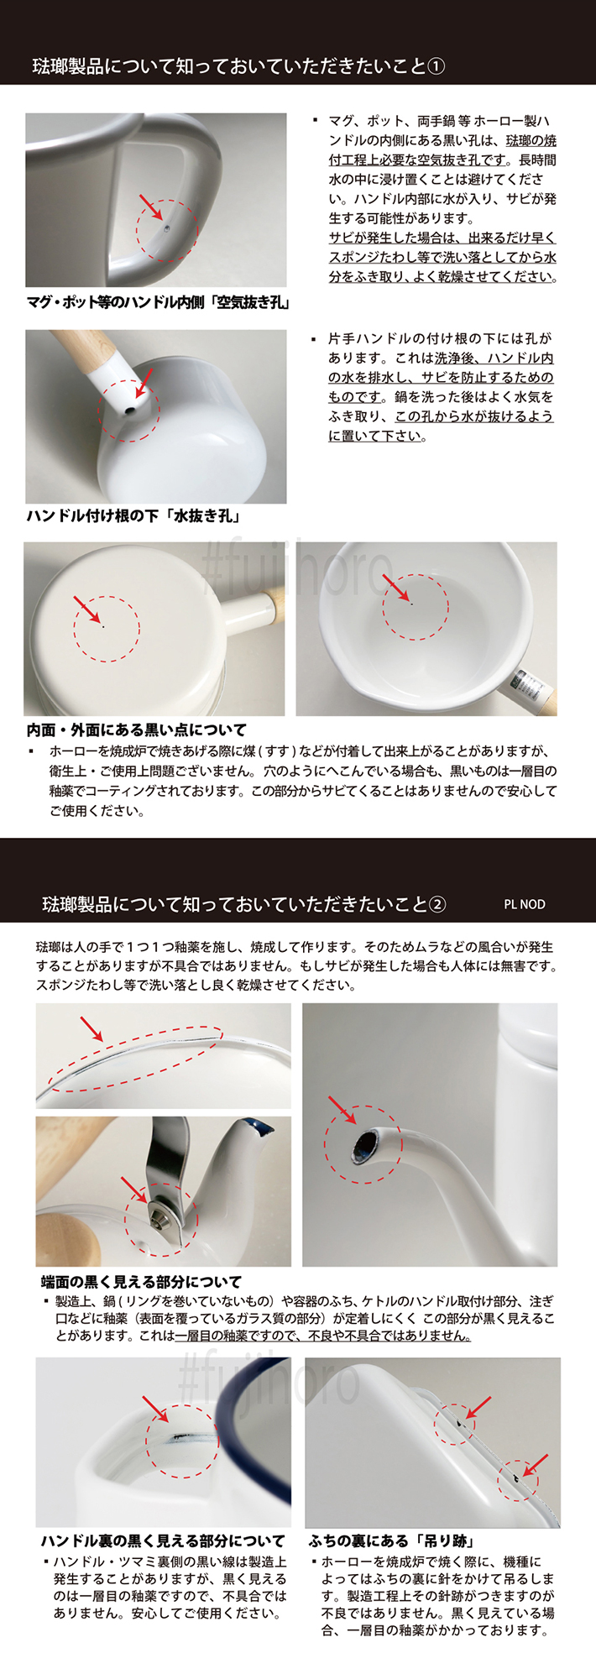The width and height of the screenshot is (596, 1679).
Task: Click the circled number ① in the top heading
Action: point(436,66)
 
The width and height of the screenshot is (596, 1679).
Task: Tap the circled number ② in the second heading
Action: point(437,904)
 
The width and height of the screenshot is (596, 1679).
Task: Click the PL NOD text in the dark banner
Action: point(524,904)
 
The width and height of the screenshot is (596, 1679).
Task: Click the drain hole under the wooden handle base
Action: point(128,411)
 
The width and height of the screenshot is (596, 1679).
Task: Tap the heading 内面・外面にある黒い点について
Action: point(137,730)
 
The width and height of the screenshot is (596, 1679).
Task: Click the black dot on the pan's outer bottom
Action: point(103,625)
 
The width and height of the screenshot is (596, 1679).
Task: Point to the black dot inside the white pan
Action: point(411,603)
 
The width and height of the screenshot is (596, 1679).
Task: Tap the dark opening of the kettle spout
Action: point(366,1146)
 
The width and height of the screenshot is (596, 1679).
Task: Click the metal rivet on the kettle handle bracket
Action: point(158,1210)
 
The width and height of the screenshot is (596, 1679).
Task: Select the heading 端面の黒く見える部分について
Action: point(141,1282)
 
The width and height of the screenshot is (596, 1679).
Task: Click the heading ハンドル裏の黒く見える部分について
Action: point(163,1541)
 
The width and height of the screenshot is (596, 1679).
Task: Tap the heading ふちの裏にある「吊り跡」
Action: point(392,1541)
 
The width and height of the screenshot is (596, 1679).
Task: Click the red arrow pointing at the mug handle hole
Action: point(149,205)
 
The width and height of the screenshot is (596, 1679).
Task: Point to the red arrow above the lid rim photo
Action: point(91,1028)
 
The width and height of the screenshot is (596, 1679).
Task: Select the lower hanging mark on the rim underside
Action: point(513,1475)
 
